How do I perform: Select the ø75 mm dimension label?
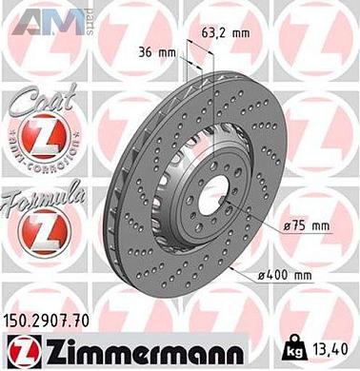point(307,225)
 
